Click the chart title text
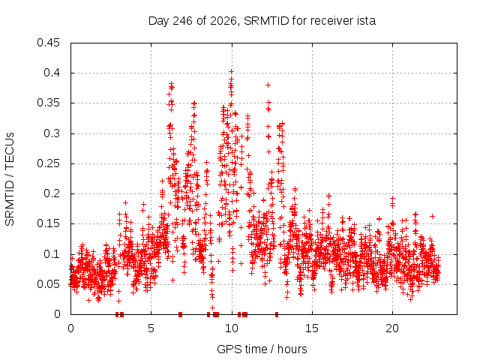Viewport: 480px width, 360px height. (262, 21)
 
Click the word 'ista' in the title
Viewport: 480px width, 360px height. (366, 21)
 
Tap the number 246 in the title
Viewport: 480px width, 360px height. (182, 21)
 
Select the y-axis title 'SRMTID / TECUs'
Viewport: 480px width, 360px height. (10, 179)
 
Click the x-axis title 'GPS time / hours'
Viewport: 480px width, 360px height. (262, 349)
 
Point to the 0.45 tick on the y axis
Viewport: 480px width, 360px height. (48, 43)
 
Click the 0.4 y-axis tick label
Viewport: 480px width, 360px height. (52, 73)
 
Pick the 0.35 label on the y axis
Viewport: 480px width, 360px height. (48, 103)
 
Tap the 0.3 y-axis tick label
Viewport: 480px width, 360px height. (52, 133)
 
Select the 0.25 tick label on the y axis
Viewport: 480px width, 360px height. (48, 163)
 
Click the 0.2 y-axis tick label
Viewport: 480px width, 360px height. (52, 193)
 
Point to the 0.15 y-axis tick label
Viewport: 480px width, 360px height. (48, 223)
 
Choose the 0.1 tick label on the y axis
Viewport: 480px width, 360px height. (52, 254)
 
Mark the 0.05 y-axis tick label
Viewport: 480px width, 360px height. (48, 284)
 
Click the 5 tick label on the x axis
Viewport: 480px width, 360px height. (151, 328)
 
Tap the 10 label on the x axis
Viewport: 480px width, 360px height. (232, 328)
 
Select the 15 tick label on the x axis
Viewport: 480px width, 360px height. (312, 328)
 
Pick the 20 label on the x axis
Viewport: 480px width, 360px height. (392, 328)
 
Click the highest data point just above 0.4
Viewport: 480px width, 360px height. (232, 72)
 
